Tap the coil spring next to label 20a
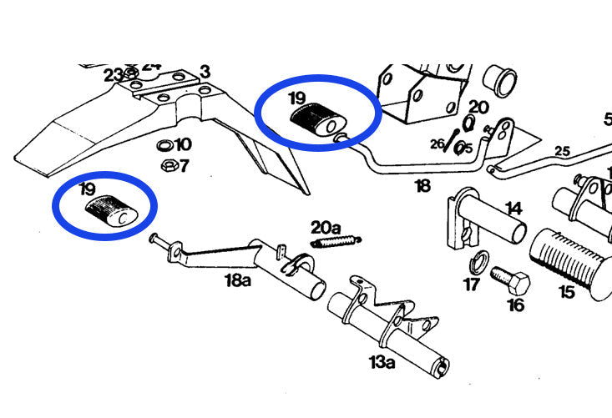(336, 242)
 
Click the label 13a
(382, 361)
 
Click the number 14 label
(512, 208)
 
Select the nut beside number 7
(166, 164)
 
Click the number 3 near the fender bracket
(205, 72)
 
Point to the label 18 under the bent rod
(423, 185)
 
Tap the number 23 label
(114, 74)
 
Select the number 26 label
(438, 144)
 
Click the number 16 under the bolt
(515, 305)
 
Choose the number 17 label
(472, 285)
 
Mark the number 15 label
(567, 292)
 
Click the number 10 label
(182, 145)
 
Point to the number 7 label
(184, 165)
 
